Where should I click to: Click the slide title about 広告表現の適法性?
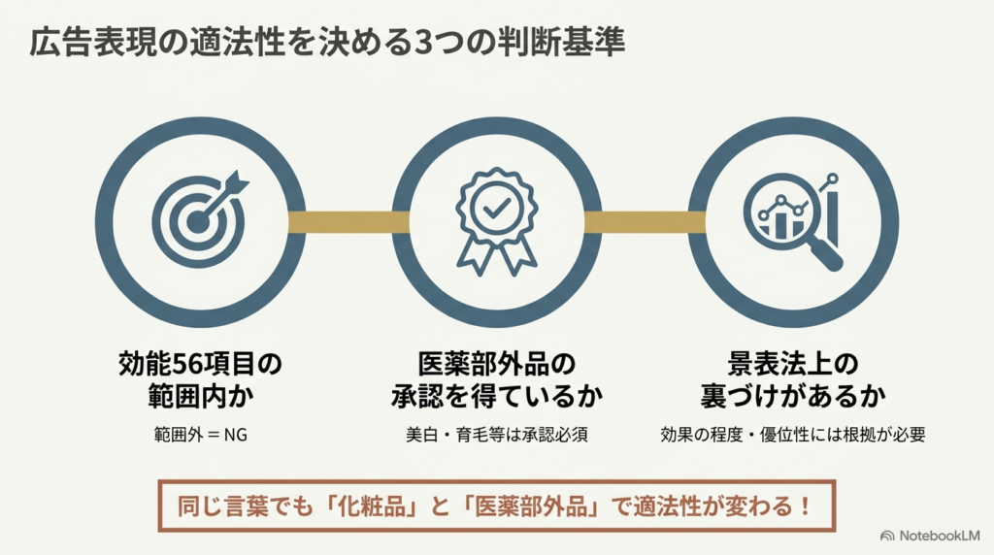pyautogui.click(x=327, y=43)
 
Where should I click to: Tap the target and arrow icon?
pyautogui.click(x=200, y=218)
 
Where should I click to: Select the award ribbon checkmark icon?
pyautogui.click(x=496, y=222)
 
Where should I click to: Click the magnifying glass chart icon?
pyautogui.click(x=792, y=222)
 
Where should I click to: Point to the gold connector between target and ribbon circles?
pyautogui.click(x=348, y=222)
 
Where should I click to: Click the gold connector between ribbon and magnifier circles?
pyautogui.click(x=645, y=222)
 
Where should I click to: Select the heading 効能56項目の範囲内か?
pyautogui.click(x=200, y=380)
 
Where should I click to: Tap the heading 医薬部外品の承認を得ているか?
pyautogui.click(x=496, y=380)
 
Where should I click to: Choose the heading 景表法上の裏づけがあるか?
pyautogui.click(x=792, y=380)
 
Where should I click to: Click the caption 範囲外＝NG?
pyautogui.click(x=200, y=435)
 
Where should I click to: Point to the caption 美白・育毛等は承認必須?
pyautogui.click(x=496, y=435)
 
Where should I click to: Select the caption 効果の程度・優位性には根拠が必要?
pyautogui.click(x=792, y=435)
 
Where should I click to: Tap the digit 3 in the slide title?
pyautogui.click(x=420, y=43)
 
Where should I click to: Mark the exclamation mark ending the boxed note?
pyautogui.click(x=805, y=506)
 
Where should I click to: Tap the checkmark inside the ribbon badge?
pyautogui.click(x=496, y=208)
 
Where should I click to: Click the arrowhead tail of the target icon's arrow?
pyautogui.click(x=237, y=181)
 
